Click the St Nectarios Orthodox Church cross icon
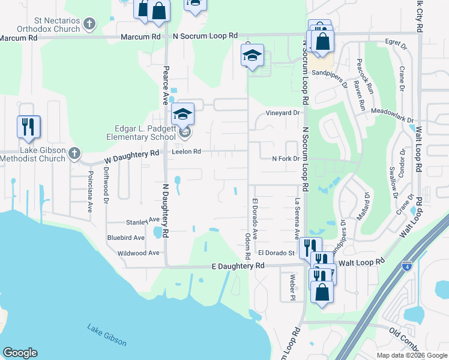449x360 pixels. (x=89, y=24)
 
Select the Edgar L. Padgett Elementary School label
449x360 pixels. (x=137, y=132)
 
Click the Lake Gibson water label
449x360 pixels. (x=107, y=335)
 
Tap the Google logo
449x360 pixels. (x=20, y=353)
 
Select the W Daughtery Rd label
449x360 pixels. (x=131, y=157)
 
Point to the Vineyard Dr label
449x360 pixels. (x=283, y=113)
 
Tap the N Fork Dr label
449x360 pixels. (x=285, y=159)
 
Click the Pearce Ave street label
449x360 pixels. (x=166, y=85)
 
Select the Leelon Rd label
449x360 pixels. (x=186, y=152)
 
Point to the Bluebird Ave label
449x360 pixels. (x=126, y=238)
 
